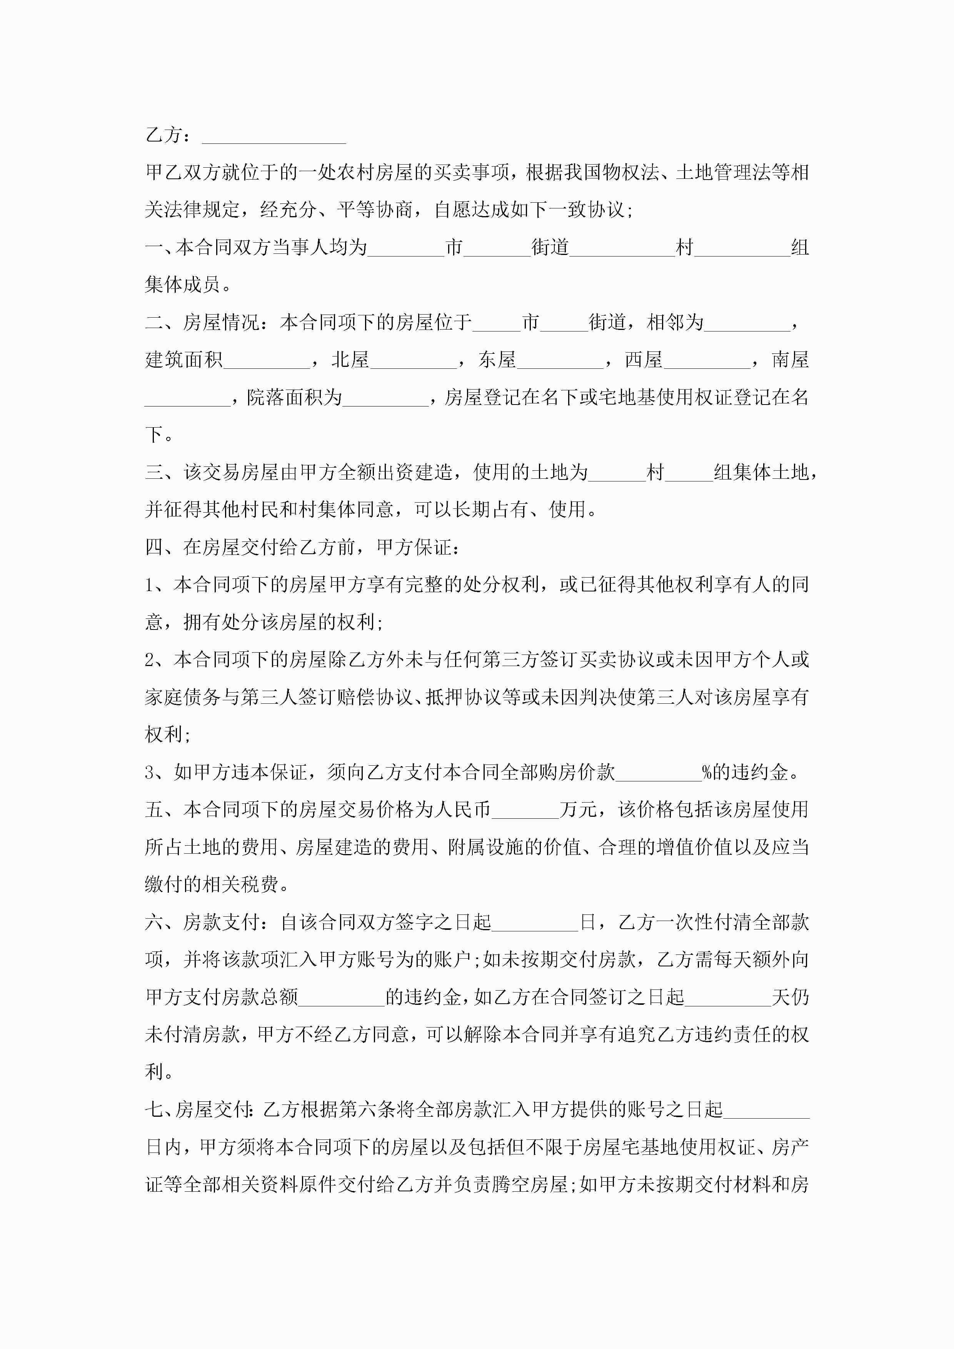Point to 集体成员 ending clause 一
pyautogui.click(x=182, y=285)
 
